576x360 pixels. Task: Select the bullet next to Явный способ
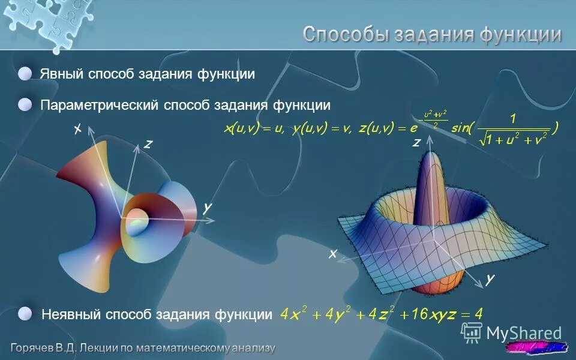[x=25, y=73]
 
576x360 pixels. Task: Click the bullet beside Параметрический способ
[x=25, y=105]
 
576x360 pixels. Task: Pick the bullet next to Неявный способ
[x=25, y=313]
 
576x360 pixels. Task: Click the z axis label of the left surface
[x=148, y=144]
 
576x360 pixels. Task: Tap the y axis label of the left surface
[x=207, y=207]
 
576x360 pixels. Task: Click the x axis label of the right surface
[x=332, y=254]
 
